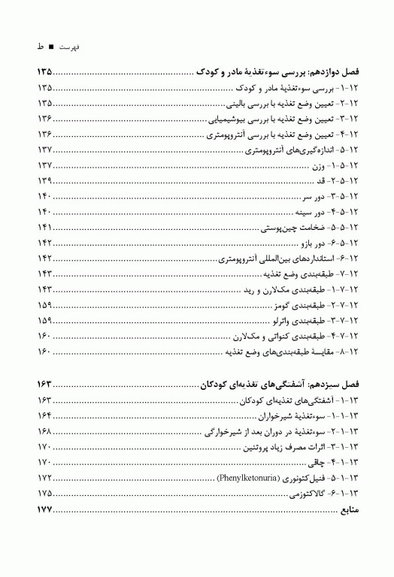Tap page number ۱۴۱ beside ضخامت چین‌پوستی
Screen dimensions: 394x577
44,228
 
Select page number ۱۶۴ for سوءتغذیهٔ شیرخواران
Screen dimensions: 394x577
44,415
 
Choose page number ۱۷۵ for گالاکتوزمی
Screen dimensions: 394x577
44,494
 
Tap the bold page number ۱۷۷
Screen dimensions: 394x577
44,510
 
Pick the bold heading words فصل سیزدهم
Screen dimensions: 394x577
332,384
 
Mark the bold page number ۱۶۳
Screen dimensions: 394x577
44,384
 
